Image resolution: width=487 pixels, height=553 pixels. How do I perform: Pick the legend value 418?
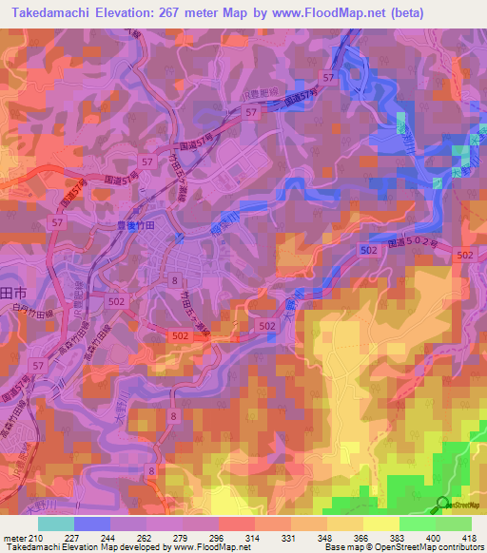[x=470, y=539]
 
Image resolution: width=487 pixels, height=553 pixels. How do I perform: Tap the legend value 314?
[x=254, y=539]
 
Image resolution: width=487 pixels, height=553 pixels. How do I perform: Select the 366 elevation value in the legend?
[x=362, y=539]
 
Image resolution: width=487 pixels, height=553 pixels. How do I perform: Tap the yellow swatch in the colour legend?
[x=380, y=524]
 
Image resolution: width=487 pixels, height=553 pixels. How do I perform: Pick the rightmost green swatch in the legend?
[x=453, y=524]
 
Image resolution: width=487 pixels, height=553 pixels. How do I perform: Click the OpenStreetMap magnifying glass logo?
[x=443, y=505]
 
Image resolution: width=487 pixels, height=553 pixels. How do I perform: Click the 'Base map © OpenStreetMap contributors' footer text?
[x=403, y=548]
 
